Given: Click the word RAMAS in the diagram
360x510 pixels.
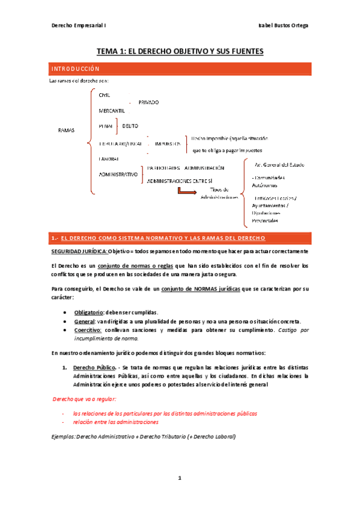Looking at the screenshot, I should pyautogui.click(x=66, y=130).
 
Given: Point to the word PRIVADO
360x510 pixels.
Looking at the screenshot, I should pyautogui.click(x=148, y=102).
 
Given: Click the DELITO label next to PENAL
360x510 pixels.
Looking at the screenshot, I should pyautogui.click(x=130, y=126).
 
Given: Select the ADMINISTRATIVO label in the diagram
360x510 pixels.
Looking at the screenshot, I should pyautogui.click(x=117, y=174).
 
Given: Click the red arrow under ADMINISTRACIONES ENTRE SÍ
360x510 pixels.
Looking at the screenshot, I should pyautogui.click(x=188, y=191).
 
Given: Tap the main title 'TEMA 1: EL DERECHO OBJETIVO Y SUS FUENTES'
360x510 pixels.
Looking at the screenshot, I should pyautogui.click(x=180, y=52).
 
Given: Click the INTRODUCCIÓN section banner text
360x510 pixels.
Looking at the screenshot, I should pyautogui.click(x=75, y=69).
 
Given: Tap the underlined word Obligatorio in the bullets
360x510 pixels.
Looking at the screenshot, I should pyautogui.click(x=88, y=312).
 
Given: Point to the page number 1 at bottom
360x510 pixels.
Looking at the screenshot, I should pyautogui.click(x=179, y=478).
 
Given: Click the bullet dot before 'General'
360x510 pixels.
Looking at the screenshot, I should pyautogui.click(x=64, y=321).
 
